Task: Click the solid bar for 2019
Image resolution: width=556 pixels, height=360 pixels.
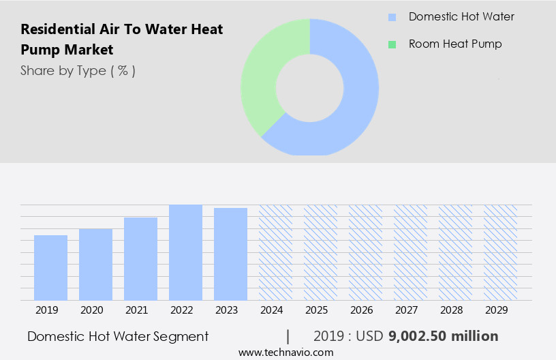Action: [50, 268]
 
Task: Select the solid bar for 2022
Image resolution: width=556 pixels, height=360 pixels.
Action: [185, 252]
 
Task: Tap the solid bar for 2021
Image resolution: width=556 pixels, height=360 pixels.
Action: [140, 259]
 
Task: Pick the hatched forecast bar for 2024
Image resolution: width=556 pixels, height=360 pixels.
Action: [275, 252]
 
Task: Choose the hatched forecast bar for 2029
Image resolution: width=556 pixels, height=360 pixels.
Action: [500, 252]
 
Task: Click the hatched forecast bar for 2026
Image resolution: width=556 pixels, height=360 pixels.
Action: [365, 252]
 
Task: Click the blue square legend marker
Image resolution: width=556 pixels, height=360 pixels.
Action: [392, 17]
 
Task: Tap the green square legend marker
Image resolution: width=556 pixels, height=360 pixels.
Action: [392, 44]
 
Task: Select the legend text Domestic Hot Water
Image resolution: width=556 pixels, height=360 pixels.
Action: [461, 16]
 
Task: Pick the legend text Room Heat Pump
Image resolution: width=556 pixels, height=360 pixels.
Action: [455, 44]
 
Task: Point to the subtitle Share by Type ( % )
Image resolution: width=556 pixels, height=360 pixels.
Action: [78, 70]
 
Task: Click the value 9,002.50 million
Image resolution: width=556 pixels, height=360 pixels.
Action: [443, 336]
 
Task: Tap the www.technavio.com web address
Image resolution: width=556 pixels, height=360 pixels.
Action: [285, 352]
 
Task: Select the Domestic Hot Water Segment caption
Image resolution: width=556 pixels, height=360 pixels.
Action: [118, 336]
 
